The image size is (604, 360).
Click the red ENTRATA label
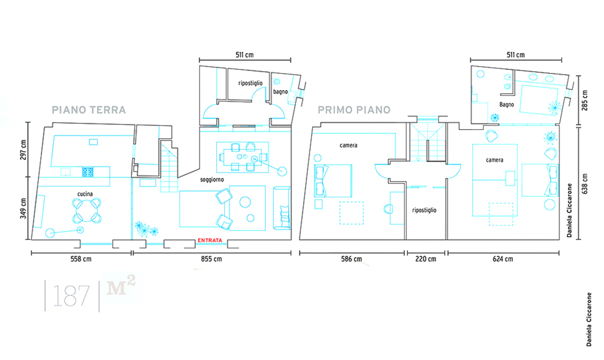(210, 240)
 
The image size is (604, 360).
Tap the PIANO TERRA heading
(89, 110)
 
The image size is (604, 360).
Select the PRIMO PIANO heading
(354, 110)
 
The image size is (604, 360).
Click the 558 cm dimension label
(81, 259)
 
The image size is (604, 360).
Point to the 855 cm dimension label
(211, 259)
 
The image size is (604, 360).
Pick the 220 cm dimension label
(425, 259)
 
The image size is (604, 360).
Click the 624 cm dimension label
(503, 259)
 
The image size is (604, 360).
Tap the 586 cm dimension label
(351, 259)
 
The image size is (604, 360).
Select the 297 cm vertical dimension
(23, 150)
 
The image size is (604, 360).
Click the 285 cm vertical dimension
(585, 101)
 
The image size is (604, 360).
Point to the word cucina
(85, 194)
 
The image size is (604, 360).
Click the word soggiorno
(212, 179)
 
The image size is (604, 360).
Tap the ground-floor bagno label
(280, 92)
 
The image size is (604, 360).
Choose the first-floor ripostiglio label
(424, 210)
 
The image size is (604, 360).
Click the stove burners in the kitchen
(88, 172)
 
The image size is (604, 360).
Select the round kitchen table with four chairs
(87, 211)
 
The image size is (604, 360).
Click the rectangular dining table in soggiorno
(243, 157)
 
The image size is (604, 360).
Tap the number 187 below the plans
(71, 296)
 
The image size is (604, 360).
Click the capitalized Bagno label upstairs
(507, 104)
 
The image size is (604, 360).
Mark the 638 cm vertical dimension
(585, 184)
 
